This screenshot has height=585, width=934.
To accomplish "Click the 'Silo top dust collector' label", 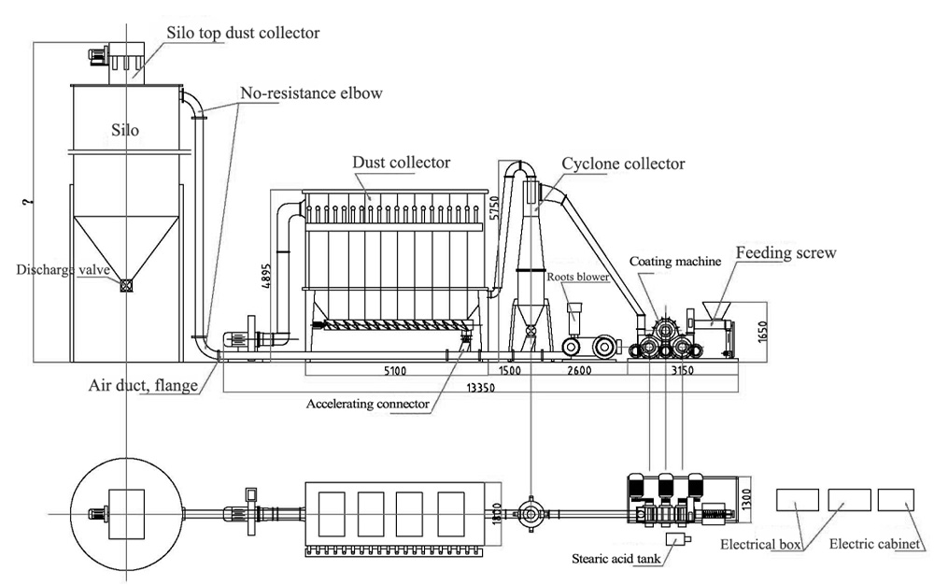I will pos(243,33).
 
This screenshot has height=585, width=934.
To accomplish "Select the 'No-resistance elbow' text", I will pos(311,93).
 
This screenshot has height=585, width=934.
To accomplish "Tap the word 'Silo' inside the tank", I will pos(124,130).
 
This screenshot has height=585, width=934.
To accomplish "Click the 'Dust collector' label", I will pos(401,163).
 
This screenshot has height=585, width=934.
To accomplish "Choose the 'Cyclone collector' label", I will pos(623,164).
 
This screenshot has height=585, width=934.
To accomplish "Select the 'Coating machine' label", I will pos(674,262).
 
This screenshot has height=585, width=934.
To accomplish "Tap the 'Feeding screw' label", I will pos(785,253).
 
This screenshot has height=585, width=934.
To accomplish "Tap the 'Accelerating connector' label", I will pos(368,405).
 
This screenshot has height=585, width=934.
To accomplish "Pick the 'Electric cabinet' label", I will pos(875,543).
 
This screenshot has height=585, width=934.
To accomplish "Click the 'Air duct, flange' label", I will pos(144,384).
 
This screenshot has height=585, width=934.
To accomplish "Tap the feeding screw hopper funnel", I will pos(716,309).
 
